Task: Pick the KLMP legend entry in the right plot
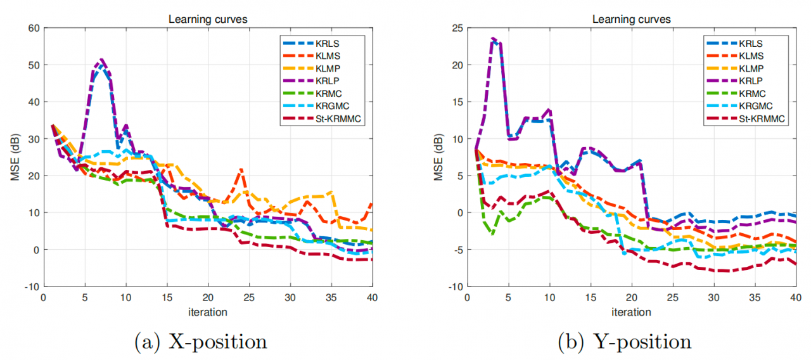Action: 745,68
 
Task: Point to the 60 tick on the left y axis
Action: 32,28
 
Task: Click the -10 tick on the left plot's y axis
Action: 31,286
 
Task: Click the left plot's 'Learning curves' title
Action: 207,19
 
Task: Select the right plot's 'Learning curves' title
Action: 632,19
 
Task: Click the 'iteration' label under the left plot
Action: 207,312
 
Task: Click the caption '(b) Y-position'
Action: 624,342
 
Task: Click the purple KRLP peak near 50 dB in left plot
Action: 101,60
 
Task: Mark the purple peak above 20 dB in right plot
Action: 493,39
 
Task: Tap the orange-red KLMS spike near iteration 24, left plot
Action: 241,170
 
